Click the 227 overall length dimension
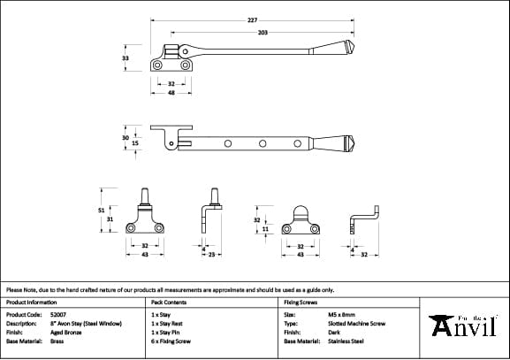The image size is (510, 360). (252, 20)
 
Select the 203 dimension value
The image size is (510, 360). (263, 32)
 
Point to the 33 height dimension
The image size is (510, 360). (126, 57)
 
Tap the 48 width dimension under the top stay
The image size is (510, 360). (171, 93)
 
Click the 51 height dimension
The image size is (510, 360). (100, 210)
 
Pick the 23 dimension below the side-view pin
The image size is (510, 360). (215, 255)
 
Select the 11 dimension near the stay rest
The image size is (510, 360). (265, 228)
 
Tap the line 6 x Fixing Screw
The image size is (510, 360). (171, 341)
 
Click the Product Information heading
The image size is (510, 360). (32, 302)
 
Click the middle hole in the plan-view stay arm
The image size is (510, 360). (262, 143)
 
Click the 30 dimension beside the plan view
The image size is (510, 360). (125, 137)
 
